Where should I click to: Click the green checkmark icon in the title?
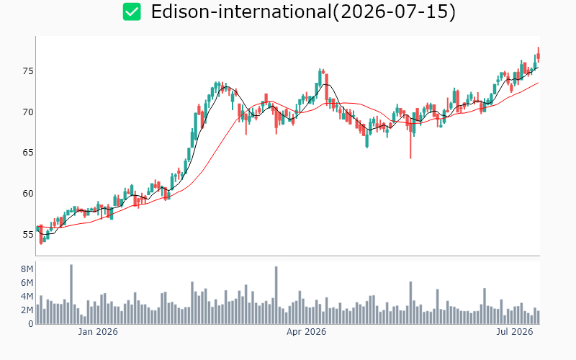132,12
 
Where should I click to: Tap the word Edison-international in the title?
241,12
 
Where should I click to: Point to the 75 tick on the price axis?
28,71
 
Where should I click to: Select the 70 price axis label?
28,112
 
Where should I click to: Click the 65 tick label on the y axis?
28,153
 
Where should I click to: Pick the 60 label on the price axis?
28,194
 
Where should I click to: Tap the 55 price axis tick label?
28,235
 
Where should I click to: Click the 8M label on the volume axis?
27,269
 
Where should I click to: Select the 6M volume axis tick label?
27,283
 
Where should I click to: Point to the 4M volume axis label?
27,297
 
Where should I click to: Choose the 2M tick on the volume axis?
27,310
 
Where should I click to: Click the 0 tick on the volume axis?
30,324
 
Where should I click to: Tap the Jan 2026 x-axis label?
98,332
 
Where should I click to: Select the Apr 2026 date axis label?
307,332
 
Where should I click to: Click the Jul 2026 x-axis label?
515,332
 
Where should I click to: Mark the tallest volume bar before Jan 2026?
71,294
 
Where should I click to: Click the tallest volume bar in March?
276,295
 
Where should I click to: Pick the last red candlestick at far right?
539,56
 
